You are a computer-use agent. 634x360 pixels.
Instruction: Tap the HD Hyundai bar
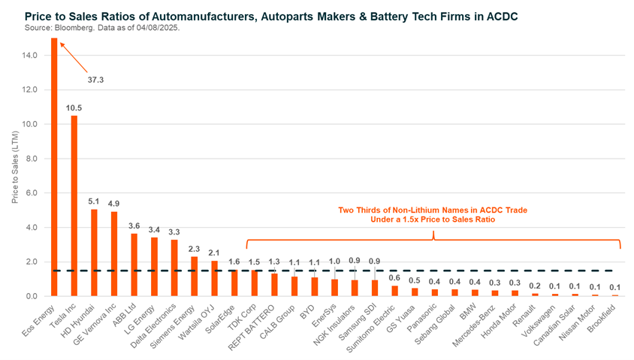[x=94, y=252]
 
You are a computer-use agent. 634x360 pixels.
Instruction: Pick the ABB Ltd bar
[x=134, y=265]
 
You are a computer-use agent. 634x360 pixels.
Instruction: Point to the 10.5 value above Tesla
[x=74, y=108]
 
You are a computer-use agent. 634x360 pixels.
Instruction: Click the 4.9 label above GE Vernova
[x=113, y=204]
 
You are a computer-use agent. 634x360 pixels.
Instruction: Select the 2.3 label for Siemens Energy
[x=194, y=249]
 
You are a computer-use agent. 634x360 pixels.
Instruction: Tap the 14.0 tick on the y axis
[x=29, y=55]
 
